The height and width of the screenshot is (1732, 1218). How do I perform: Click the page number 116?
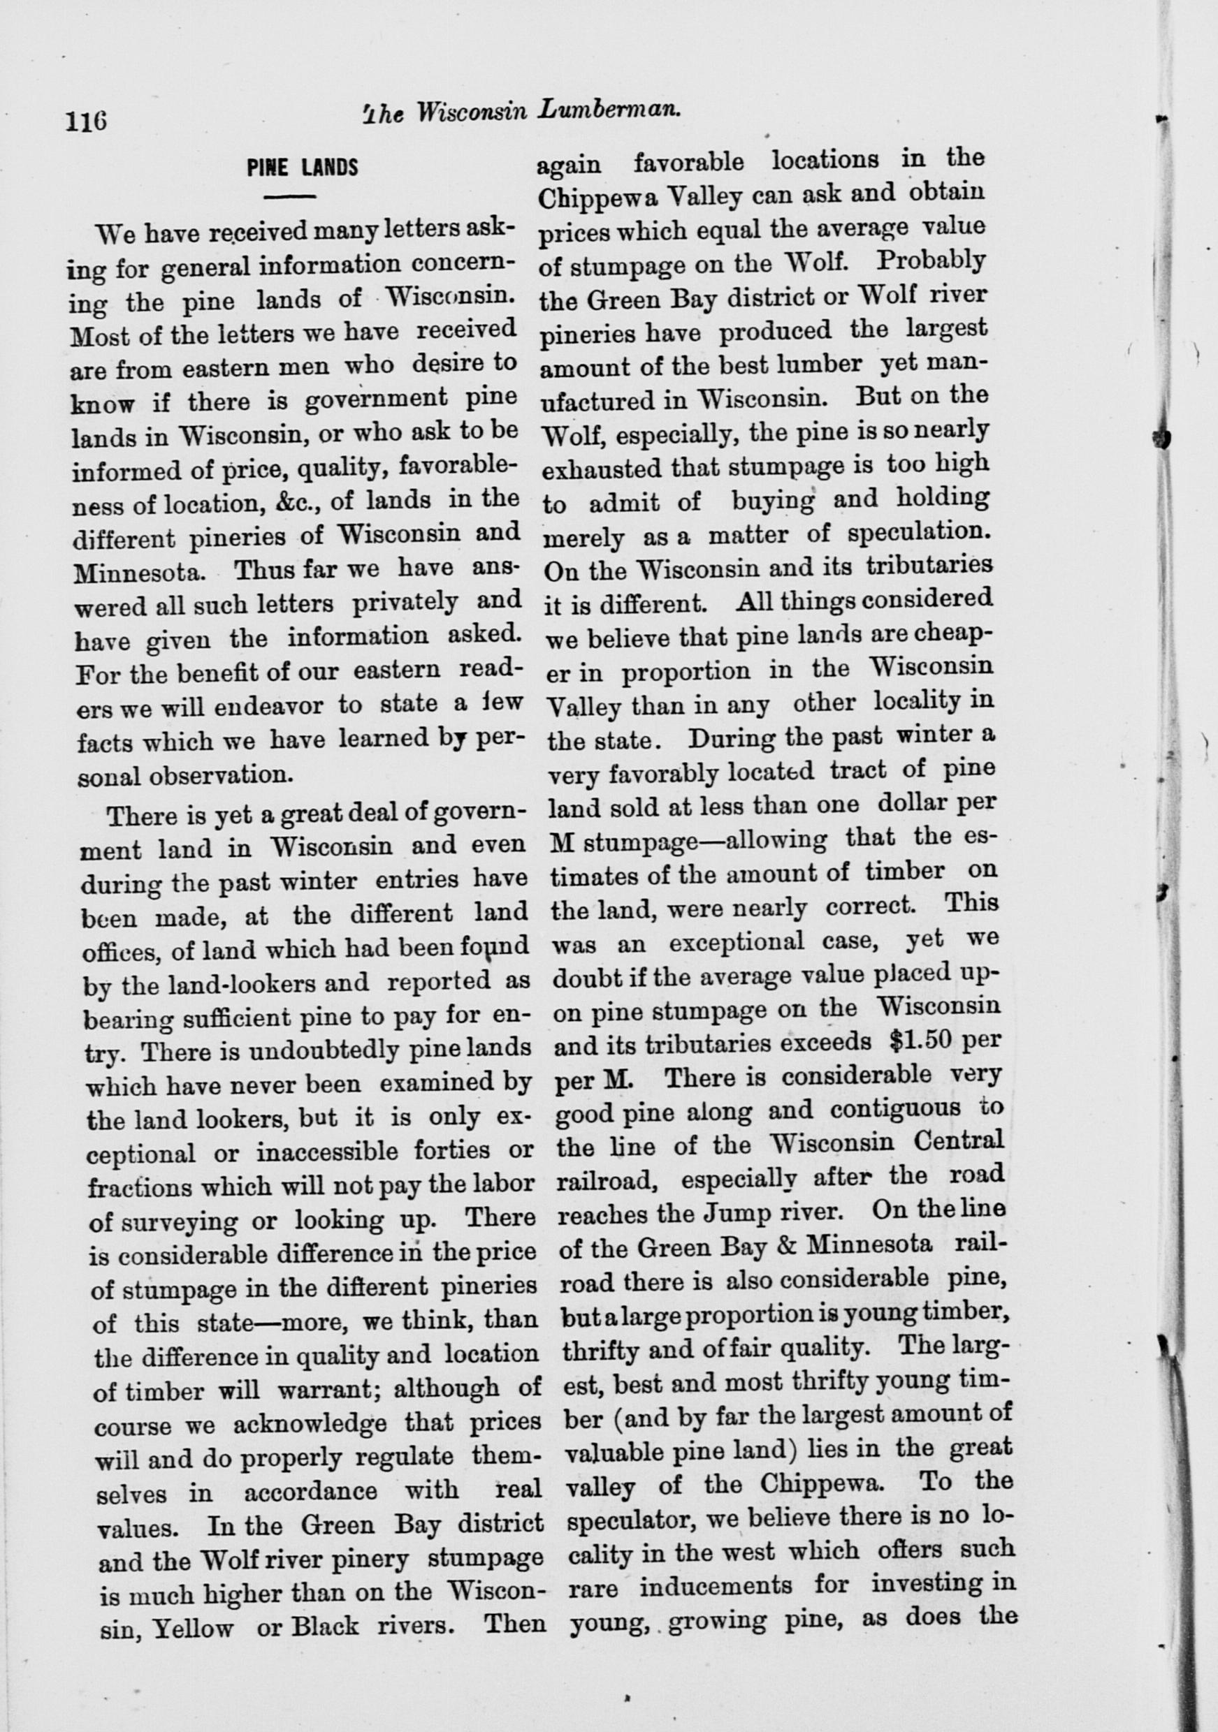[87, 122]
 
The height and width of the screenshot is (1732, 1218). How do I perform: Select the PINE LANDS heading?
[302, 167]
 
